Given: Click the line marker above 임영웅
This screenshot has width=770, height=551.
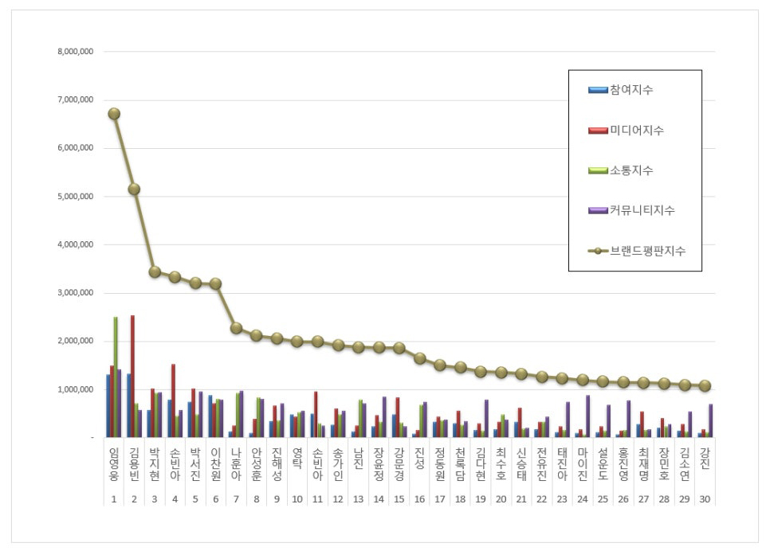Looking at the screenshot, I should pyautogui.click(x=114, y=114).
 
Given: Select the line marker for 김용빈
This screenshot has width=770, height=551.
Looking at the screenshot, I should pyautogui.click(x=134, y=189).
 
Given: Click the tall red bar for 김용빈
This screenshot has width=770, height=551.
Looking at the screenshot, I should pyautogui.click(x=132, y=376).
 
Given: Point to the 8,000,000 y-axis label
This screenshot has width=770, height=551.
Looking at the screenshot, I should pyautogui.click(x=76, y=52).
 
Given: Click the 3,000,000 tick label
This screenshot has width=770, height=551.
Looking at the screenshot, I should pyautogui.click(x=76, y=293).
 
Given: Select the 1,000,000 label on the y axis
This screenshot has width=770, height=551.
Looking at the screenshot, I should pyautogui.click(x=76, y=389).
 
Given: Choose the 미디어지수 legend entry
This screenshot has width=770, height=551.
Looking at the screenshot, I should pyautogui.click(x=636, y=130).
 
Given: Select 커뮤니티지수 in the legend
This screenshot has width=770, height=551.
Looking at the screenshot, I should pyautogui.click(x=642, y=210).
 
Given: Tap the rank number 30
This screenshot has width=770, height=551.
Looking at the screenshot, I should pyautogui.click(x=705, y=498).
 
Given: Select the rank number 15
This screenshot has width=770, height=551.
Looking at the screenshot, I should pyautogui.click(x=399, y=498).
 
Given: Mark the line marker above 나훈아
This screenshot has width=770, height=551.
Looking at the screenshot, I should pyautogui.click(x=236, y=327).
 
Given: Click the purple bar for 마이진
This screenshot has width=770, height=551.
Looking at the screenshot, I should pyautogui.click(x=587, y=416).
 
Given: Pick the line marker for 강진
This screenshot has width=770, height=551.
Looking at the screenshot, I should pyautogui.click(x=705, y=385).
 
